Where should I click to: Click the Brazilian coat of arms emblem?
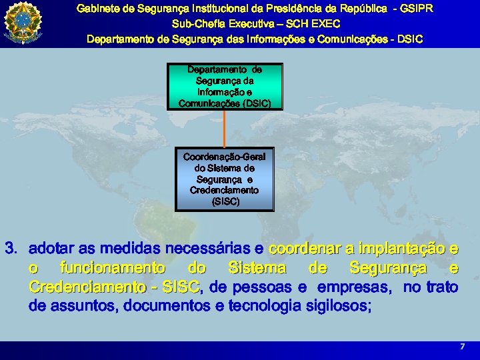click(23, 23)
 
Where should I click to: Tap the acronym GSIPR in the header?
click(417, 9)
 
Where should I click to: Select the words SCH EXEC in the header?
click(313, 24)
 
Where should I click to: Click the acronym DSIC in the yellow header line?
click(410, 39)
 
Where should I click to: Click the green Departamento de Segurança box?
click(225, 87)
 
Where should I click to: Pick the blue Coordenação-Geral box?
click(225, 179)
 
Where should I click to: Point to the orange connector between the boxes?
click(225, 129)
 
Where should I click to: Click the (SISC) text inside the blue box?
click(225, 202)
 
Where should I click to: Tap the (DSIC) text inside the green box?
click(257, 103)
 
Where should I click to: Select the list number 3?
click(11, 248)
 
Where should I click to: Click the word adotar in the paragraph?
click(51, 248)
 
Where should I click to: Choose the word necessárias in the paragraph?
click(207, 248)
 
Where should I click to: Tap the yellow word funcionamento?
click(113, 268)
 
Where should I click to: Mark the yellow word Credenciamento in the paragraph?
click(87, 287)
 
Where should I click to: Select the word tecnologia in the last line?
click(265, 306)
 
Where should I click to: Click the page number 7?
click(462, 346)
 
